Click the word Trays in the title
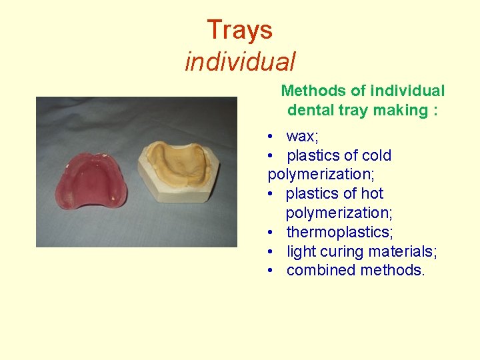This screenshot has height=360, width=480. click(239, 30)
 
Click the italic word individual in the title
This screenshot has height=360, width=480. click(240, 62)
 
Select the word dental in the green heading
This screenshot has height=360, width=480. click(311, 110)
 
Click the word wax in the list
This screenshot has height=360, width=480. click(301, 137)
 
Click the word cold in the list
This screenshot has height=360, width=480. click(377, 156)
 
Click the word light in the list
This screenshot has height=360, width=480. click(301, 252)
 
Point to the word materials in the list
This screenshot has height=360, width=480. click(403, 252)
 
